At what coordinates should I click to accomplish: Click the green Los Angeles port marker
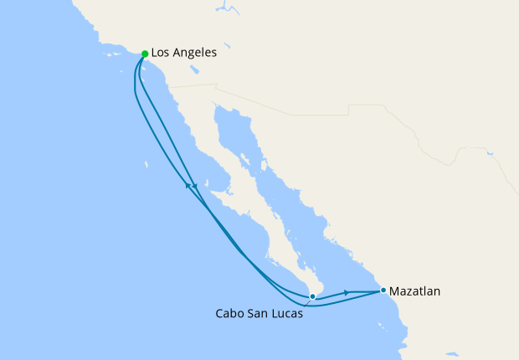[145, 54]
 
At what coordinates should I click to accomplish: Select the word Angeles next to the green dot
[197, 53]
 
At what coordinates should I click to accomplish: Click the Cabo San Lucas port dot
[312, 296]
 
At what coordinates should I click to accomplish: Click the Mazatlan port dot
[383, 291]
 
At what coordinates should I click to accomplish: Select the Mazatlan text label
[415, 291]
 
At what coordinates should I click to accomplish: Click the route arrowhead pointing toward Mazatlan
[346, 293]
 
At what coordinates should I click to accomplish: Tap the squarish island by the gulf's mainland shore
[249, 158]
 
